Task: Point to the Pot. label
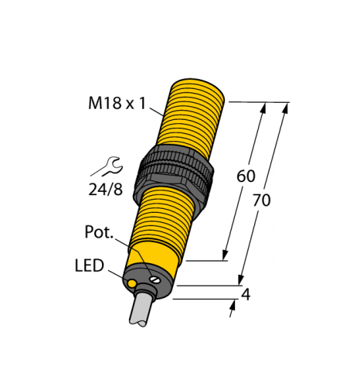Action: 99,231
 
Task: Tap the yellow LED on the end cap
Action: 133,286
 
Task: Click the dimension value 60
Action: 245,176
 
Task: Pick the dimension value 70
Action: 262,200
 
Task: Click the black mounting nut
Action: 177,171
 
